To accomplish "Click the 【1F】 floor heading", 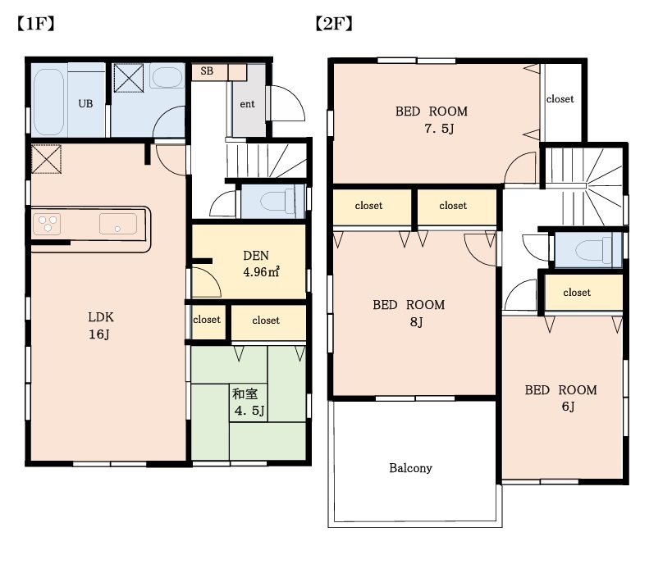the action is point(36,24).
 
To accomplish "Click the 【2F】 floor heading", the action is point(334,24).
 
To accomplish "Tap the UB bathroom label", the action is point(85,103).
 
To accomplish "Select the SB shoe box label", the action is point(207,70).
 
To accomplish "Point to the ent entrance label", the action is point(247,104).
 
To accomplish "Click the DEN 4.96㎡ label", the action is point(261,264).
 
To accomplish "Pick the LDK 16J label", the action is point(101,325).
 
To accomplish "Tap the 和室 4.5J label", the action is point(249,402).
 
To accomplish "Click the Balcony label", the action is point(410,468).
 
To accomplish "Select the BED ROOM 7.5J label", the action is point(431,120).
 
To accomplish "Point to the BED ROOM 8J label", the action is point(409,313).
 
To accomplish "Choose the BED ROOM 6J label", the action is point(561,398).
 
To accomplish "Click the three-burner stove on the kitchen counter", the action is point(47,224).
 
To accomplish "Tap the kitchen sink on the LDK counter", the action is point(118,224).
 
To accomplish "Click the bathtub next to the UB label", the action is point(48,102).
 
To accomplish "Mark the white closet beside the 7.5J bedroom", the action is point(561,102).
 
